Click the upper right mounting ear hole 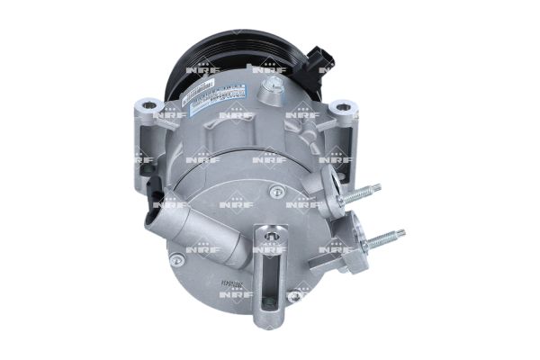(341, 109)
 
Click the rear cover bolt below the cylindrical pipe (177, 259)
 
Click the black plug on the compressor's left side (158, 193)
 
